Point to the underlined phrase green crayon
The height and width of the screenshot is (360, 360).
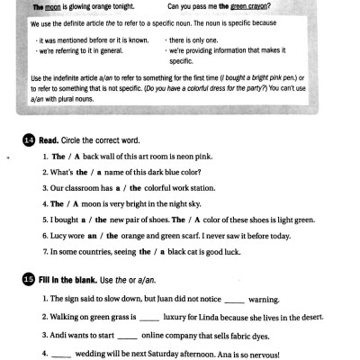(x=251, y=5)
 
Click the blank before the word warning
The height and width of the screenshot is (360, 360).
(x=233, y=299)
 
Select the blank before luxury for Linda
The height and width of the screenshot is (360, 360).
(x=150, y=317)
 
